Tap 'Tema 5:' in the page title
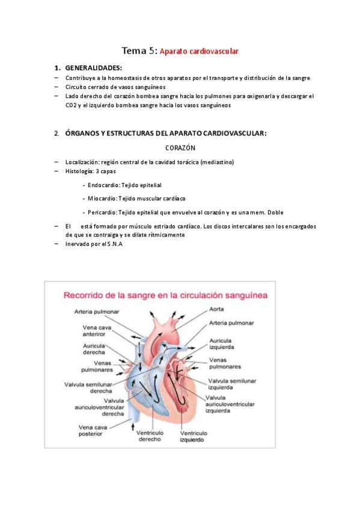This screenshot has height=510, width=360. (139, 51)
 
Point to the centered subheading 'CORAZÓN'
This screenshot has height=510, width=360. (180, 147)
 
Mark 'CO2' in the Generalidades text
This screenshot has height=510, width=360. (72, 105)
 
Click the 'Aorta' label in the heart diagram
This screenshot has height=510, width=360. (217, 309)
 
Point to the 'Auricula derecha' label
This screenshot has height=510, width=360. (94, 349)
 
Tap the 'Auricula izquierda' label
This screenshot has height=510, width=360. (221, 343)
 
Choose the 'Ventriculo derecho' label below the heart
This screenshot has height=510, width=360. (149, 436)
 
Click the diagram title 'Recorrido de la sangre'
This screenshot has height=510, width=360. (114, 295)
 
